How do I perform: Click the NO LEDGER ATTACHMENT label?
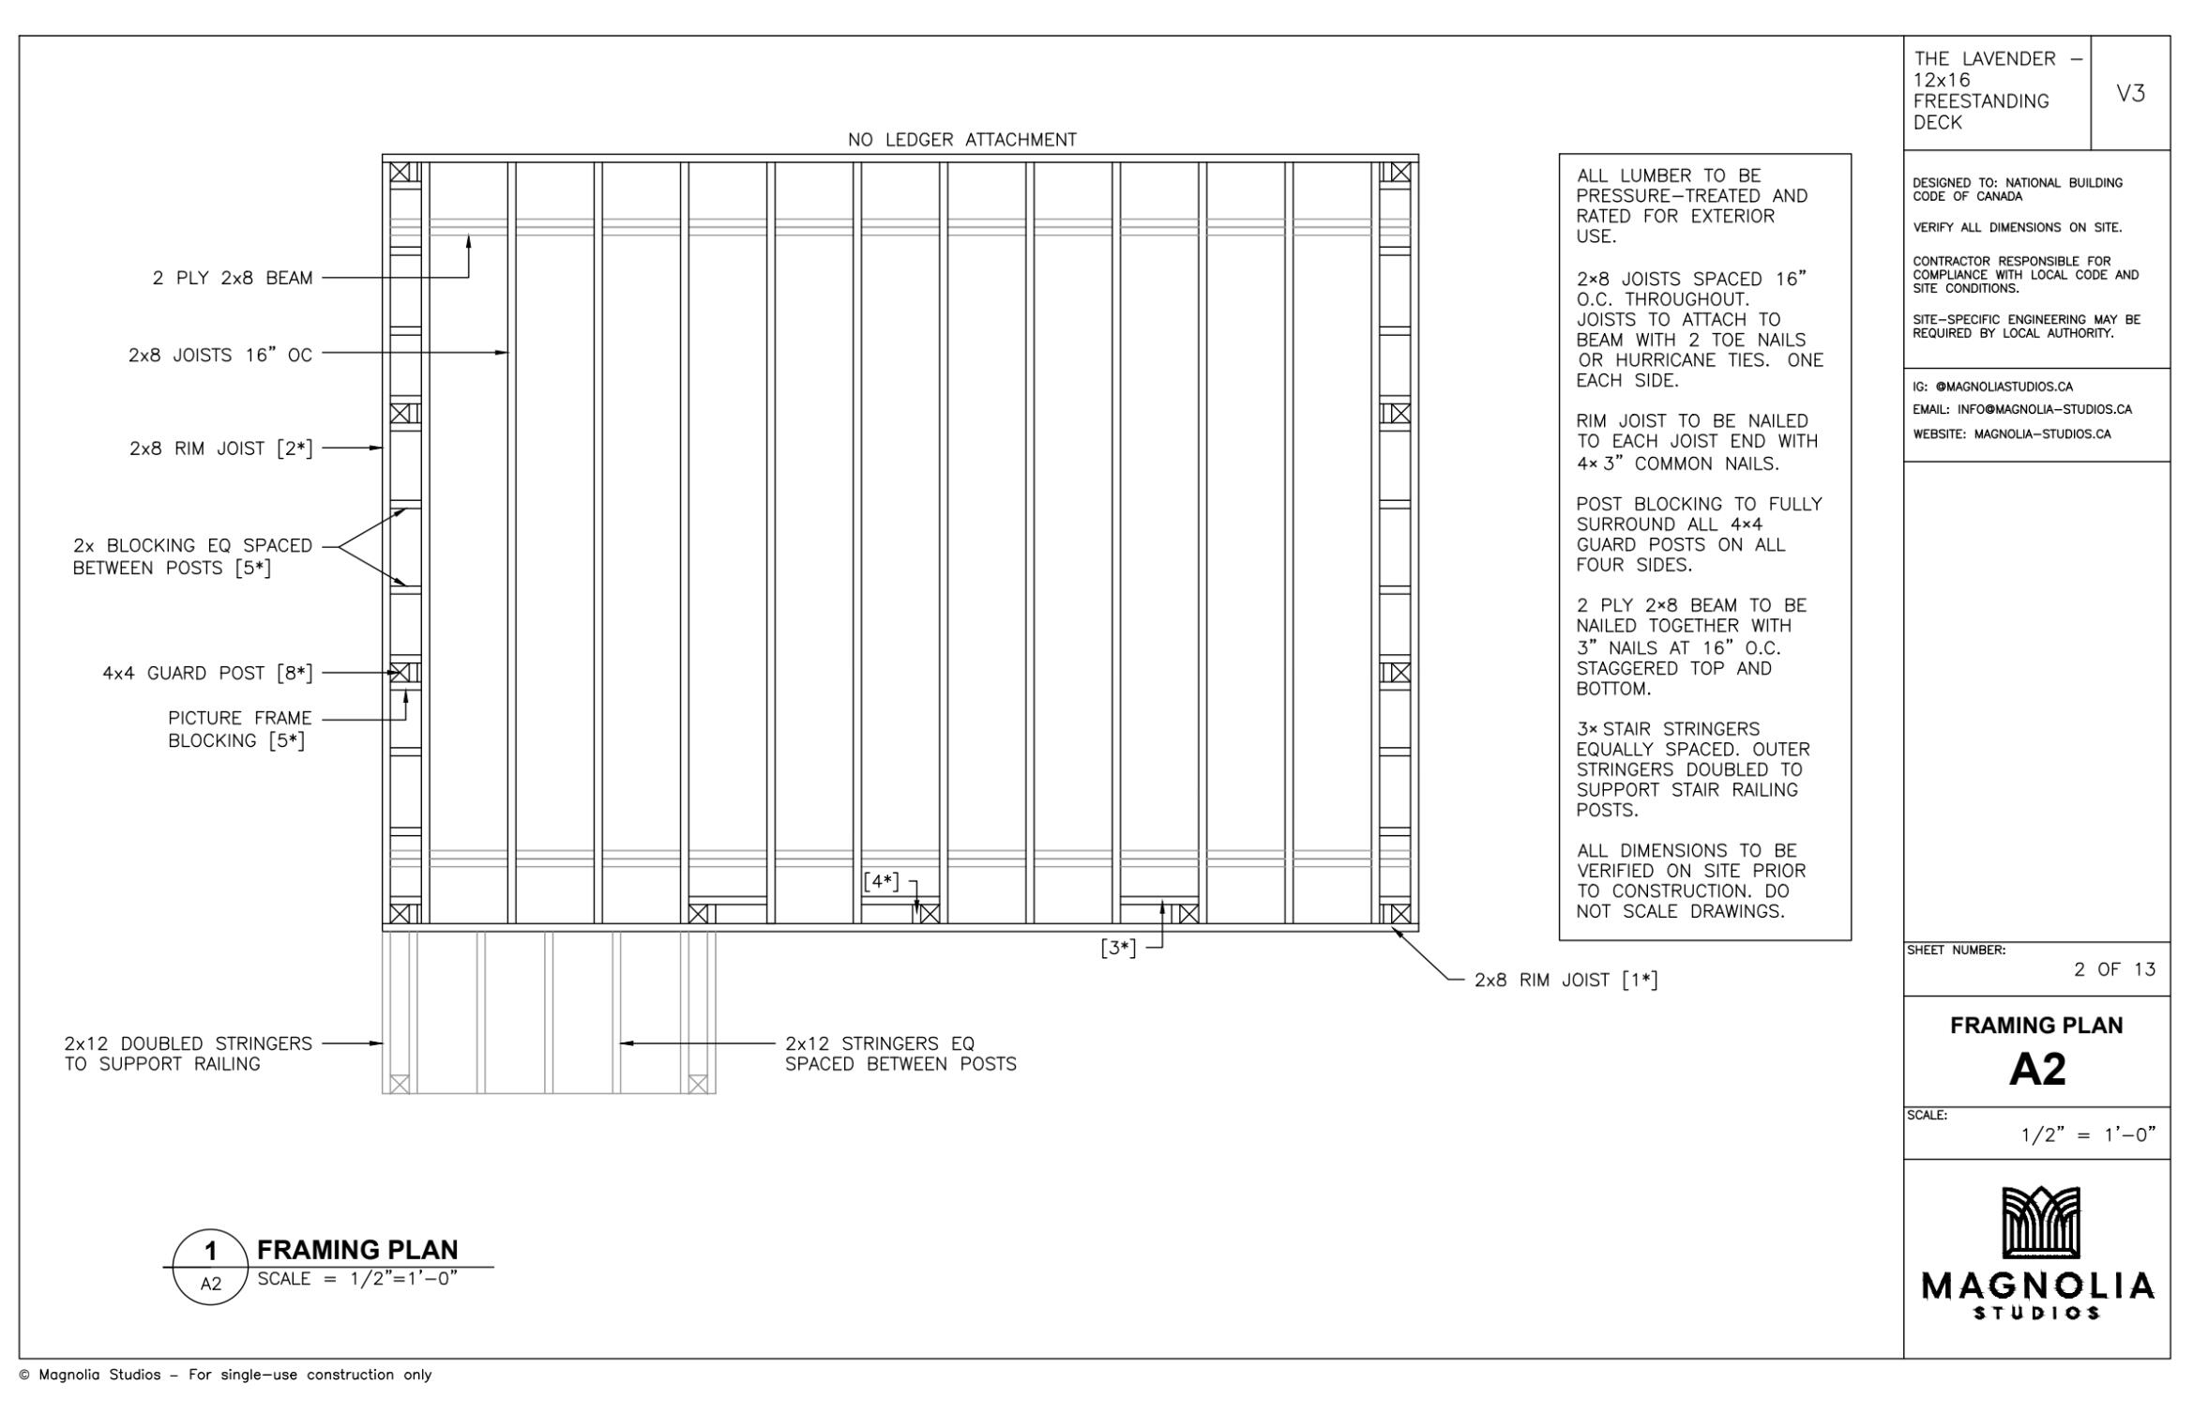pos(962,140)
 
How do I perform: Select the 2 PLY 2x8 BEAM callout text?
pos(233,278)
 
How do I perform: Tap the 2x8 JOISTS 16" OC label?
pos(220,355)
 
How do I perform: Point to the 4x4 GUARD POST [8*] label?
pos(207,673)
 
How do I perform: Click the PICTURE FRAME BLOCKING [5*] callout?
pos(239,729)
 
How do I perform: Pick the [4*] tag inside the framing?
pos(881,882)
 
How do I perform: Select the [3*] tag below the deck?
pos(1118,948)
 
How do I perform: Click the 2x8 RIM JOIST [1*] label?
pos(1565,981)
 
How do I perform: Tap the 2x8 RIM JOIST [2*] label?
pos(221,449)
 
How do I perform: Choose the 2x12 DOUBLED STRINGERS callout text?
pos(188,1054)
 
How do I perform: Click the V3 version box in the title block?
pos(2130,93)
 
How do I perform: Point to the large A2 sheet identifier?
pos(2036,1069)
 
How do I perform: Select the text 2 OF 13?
pos(2114,969)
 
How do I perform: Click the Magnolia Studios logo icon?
pos(2040,1222)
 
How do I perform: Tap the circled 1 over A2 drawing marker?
pos(211,1267)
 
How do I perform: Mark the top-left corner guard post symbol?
pos(401,173)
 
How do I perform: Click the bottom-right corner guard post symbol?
pos(1399,914)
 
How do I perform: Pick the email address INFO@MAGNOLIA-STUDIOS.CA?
pos(2044,409)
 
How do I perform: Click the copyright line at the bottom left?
pos(226,1375)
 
